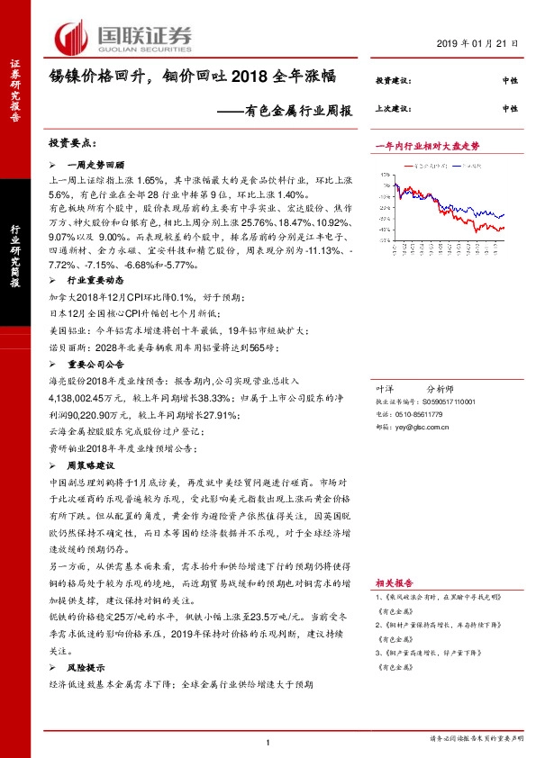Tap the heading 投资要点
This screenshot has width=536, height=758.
73,143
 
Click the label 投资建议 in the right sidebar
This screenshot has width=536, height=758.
393,81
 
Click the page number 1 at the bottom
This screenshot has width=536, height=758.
268,742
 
